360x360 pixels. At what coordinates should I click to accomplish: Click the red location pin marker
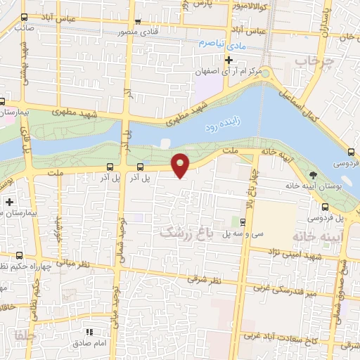coord(181,165)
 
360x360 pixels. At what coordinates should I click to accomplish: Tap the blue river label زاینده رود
coord(222,126)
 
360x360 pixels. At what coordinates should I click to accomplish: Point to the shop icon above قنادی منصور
coord(138,21)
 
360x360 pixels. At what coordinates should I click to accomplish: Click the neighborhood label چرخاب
coord(311,63)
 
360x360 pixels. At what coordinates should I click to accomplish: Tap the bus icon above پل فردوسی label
coord(326,207)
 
